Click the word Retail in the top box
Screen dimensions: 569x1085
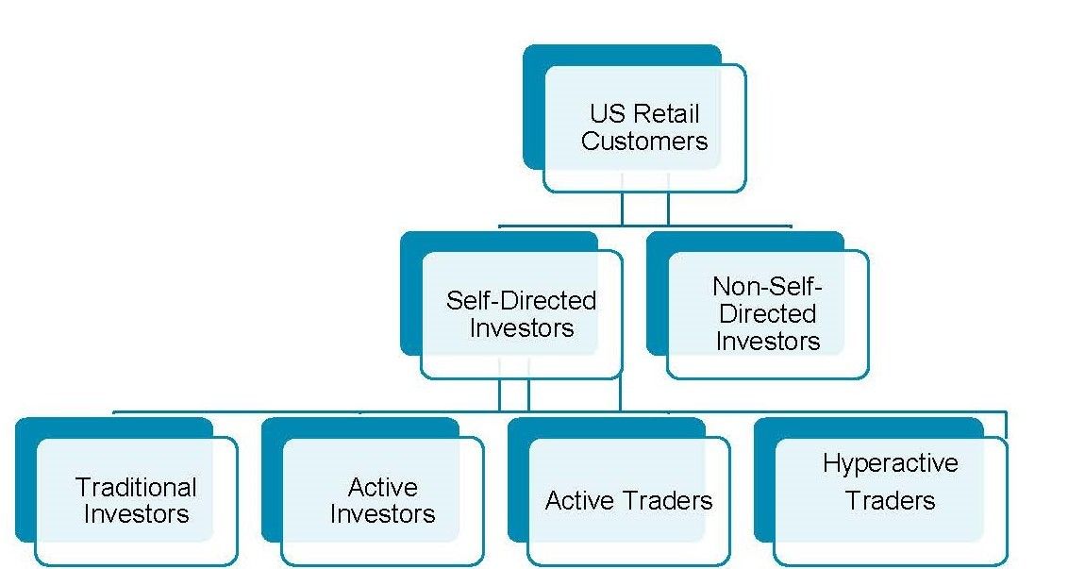(x=666, y=114)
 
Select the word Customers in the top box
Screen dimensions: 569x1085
(x=644, y=142)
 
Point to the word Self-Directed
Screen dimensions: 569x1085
(x=522, y=301)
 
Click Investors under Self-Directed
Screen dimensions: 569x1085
(x=522, y=328)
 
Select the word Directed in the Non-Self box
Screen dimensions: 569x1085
(x=766, y=313)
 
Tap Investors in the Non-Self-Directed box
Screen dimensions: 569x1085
(x=767, y=341)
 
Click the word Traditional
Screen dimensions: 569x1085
(x=136, y=488)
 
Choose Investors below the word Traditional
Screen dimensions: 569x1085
(x=136, y=514)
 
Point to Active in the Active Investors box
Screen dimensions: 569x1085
(x=382, y=488)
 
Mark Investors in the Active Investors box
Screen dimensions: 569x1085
(x=382, y=514)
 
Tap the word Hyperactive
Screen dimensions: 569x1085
(x=890, y=463)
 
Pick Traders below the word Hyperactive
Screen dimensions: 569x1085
(x=890, y=500)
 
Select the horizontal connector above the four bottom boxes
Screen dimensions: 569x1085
(x=283, y=412)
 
